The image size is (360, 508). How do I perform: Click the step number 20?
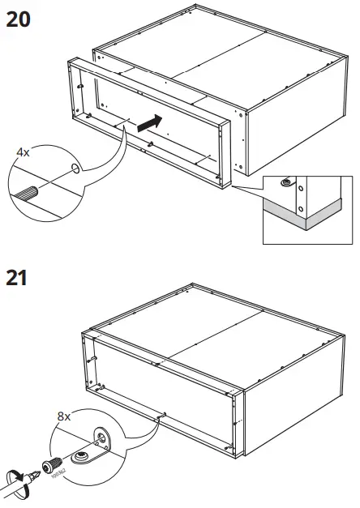pyautogui.click(x=20, y=19)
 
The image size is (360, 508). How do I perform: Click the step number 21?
pyautogui.click(x=19, y=278)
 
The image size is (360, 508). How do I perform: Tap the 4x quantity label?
pyautogui.click(x=24, y=152)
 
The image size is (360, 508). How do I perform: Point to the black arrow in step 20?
pyautogui.click(x=144, y=123)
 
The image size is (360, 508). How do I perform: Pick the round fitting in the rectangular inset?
pyautogui.click(x=285, y=183)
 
